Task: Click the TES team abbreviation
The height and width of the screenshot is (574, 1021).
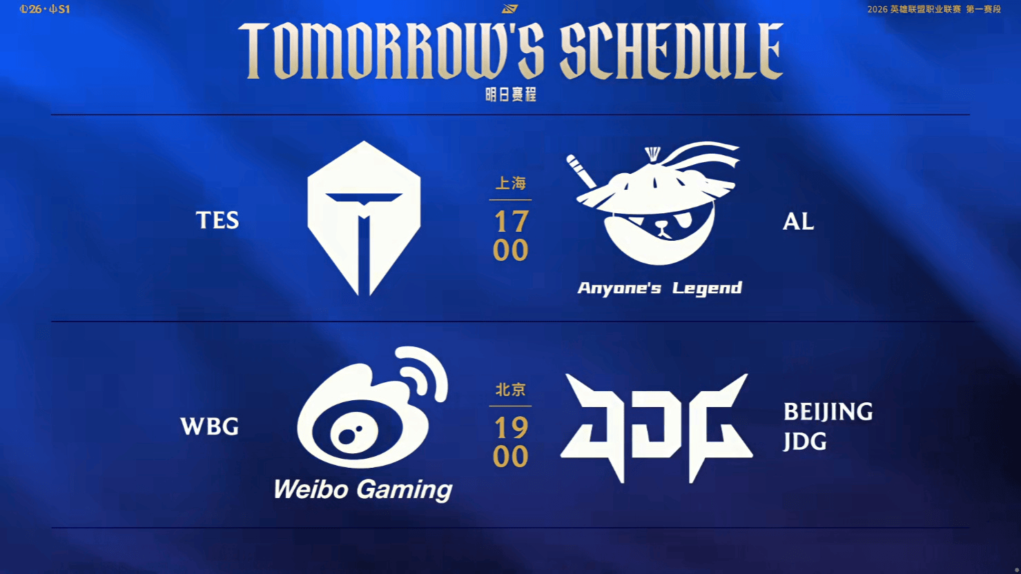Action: click(x=217, y=221)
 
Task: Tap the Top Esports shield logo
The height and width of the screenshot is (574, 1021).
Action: click(x=364, y=218)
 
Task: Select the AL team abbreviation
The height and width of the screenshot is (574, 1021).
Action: click(x=798, y=222)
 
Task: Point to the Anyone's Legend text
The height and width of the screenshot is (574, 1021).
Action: click(x=659, y=288)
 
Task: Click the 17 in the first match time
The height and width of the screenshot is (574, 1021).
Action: click(x=511, y=222)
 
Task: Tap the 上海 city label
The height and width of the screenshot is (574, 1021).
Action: click(x=511, y=183)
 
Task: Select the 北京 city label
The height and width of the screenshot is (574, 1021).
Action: click(x=511, y=390)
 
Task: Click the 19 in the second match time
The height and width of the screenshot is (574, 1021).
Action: click(x=511, y=428)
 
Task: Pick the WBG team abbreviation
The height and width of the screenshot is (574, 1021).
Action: click(x=210, y=427)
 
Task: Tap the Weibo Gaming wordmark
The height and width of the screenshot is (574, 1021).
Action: click(x=363, y=490)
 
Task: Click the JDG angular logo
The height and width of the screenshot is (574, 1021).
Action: click(x=657, y=428)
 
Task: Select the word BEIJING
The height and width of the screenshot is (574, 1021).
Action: click(x=828, y=412)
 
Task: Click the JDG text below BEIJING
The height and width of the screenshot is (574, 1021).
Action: click(x=805, y=442)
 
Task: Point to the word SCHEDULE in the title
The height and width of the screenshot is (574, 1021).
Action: click(x=672, y=51)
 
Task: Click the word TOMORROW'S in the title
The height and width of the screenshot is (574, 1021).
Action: click(x=391, y=51)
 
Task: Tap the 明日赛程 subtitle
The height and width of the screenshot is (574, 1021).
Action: click(x=511, y=95)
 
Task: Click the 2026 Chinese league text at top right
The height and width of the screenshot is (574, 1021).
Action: click(x=934, y=9)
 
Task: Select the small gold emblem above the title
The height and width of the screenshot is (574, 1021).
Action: click(x=509, y=9)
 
